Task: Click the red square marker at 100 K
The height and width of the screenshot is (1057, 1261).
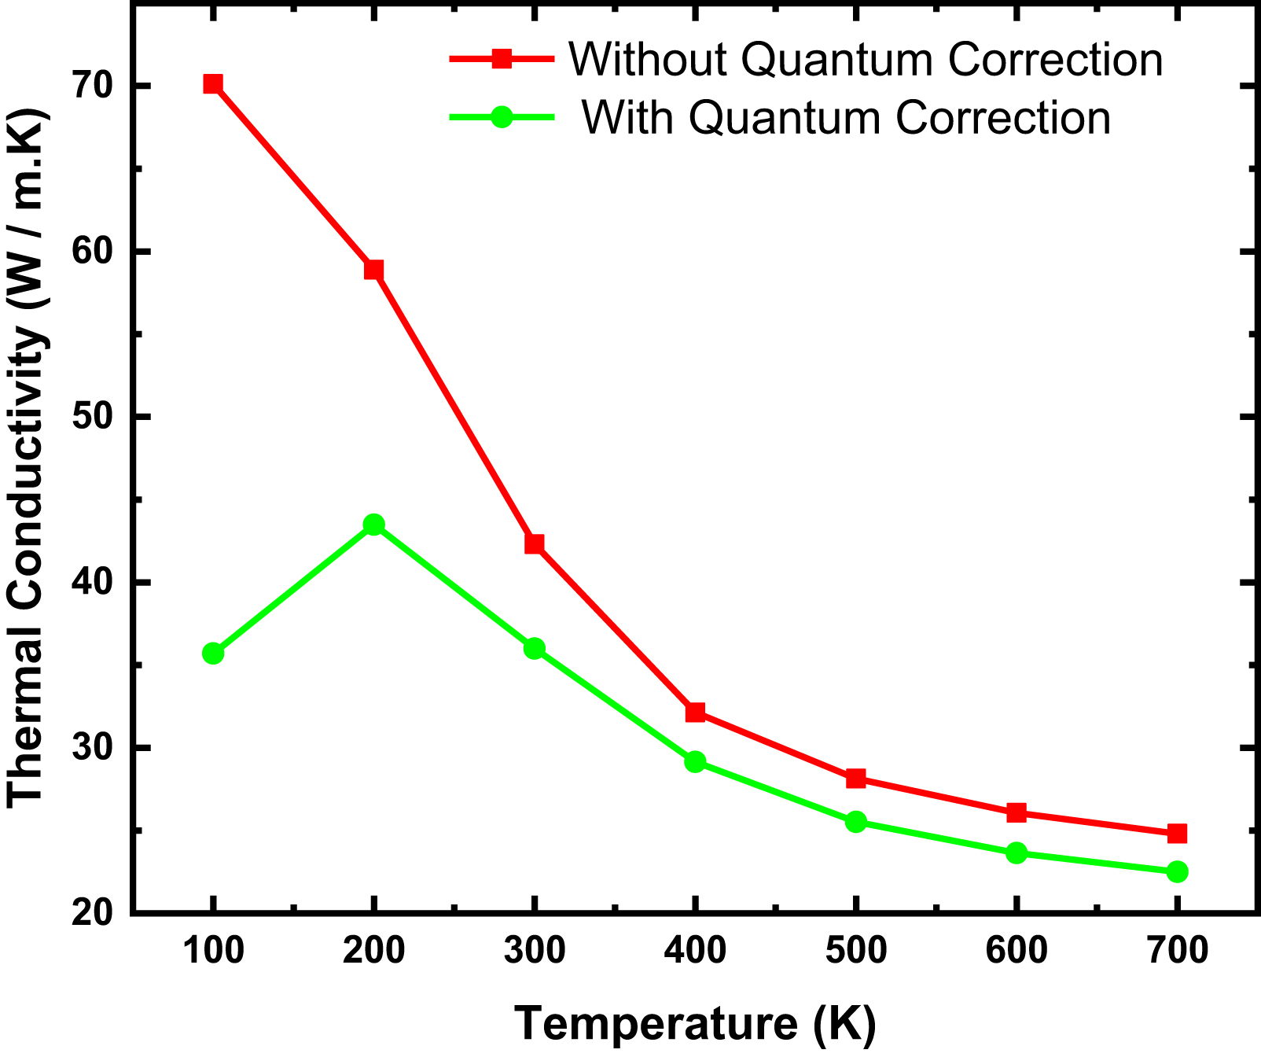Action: [212, 84]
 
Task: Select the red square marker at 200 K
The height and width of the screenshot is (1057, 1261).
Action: [374, 270]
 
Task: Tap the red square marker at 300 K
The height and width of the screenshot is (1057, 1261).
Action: [535, 543]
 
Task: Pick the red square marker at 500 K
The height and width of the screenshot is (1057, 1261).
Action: [856, 779]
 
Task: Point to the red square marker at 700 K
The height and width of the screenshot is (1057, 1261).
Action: [1177, 833]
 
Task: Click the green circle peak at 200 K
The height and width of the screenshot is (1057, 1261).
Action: [374, 525]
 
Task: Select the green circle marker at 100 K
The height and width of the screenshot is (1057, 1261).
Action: [213, 653]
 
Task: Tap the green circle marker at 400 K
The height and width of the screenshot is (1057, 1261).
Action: [695, 761]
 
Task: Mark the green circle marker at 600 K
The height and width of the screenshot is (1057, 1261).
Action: [1017, 853]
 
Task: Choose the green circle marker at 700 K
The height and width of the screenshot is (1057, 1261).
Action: [1177, 871]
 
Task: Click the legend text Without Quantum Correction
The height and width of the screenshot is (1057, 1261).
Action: [866, 59]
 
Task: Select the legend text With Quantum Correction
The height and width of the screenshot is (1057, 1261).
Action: [846, 118]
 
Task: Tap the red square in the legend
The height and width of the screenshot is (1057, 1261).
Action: [502, 59]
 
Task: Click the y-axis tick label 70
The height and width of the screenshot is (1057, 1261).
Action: [92, 85]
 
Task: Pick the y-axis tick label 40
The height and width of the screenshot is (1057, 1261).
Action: [92, 583]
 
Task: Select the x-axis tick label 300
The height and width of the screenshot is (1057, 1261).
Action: [535, 951]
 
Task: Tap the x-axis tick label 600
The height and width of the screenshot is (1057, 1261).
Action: [1017, 951]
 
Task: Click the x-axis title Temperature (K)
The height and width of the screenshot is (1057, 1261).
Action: [695, 1023]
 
